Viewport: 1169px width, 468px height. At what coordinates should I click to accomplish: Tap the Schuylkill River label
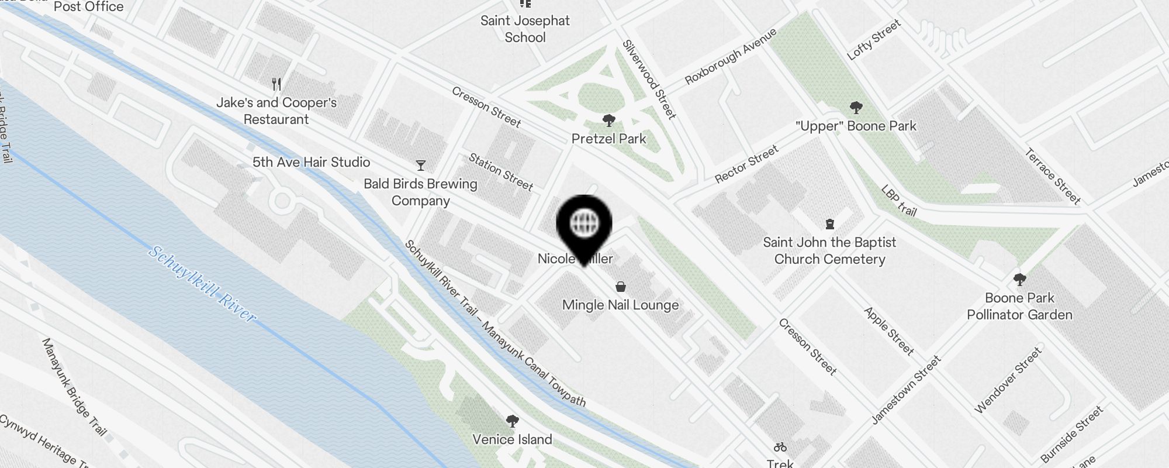click(x=202, y=284)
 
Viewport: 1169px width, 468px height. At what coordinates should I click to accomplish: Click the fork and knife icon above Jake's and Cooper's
click(x=276, y=84)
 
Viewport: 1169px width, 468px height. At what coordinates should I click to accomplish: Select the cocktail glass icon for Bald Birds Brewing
click(x=420, y=166)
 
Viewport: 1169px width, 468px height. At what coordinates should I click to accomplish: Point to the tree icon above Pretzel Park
click(x=608, y=121)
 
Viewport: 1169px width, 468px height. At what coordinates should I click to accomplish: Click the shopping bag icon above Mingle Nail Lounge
click(x=620, y=287)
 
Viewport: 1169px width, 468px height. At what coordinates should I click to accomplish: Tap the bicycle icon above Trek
click(x=780, y=448)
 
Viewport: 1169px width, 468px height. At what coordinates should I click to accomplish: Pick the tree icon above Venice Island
click(x=512, y=421)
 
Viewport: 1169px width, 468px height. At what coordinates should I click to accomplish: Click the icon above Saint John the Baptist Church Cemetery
click(x=829, y=224)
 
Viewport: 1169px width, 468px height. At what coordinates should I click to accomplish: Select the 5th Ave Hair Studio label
click(x=311, y=162)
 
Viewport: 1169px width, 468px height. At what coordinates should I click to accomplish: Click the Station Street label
click(x=501, y=172)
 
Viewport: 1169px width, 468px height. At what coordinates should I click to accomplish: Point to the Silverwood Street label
click(x=649, y=79)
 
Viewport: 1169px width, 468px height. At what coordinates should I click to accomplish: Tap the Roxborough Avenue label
click(x=731, y=56)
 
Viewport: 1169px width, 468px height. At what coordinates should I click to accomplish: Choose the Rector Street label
click(x=746, y=164)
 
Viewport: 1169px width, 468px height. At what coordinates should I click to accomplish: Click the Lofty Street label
click(x=874, y=39)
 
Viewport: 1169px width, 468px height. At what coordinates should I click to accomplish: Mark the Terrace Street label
click(x=1053, y=176)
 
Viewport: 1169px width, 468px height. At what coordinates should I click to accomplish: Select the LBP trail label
click(x=898, y=201)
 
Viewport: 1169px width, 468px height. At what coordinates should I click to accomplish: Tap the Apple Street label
click(x=888, y=331)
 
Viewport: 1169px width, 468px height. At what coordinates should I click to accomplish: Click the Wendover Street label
click(x=1008, y=380)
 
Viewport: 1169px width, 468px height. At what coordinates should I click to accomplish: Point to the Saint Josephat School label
click(x=525, y=29)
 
